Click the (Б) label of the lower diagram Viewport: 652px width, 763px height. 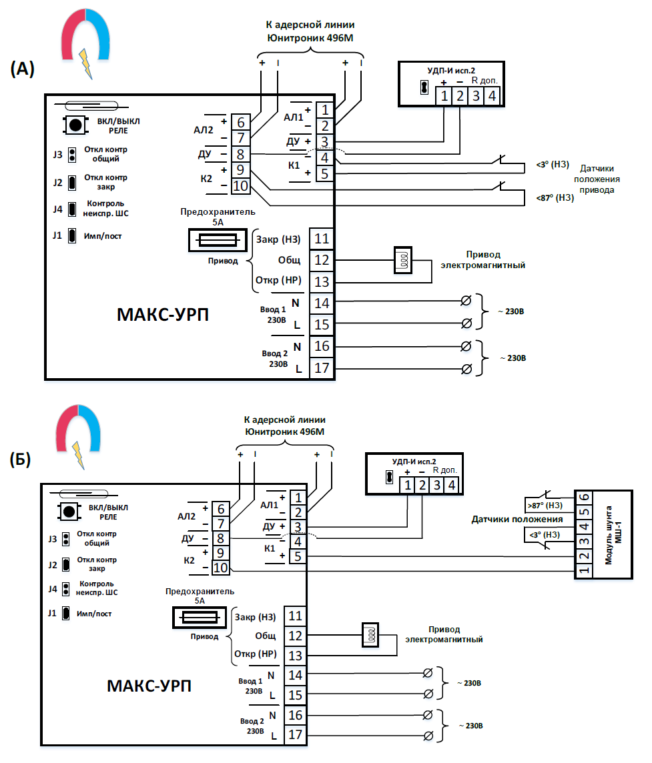coord(21,460)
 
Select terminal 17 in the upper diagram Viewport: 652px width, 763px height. coord(322,368)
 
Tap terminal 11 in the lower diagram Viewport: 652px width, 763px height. coord(296,617)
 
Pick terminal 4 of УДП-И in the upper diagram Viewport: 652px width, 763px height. coord(491,96)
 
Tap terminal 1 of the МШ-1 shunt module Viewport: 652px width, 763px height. coord(584,570)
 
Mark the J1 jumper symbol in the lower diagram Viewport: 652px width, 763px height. coord(66,613)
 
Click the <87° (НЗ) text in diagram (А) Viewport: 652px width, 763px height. coord(555,197)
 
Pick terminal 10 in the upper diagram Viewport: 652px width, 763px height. coord(240,185)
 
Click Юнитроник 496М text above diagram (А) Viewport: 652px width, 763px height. coord(310,37)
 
